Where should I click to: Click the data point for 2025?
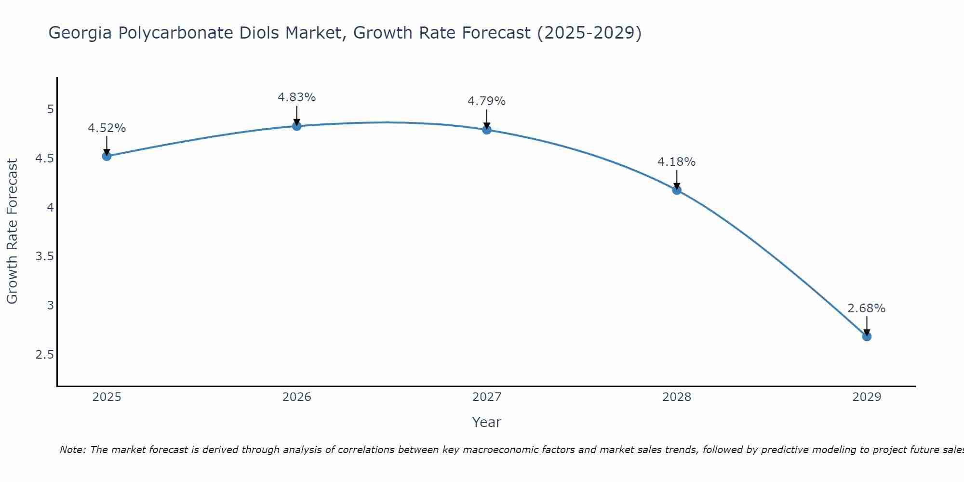[x=107, y=156]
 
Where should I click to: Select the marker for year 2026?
[x=297, y=126]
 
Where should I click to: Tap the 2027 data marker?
[x=487, y=130]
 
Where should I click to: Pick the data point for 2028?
[x=677, y=190]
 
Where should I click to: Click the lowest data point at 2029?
[x=867, y=336]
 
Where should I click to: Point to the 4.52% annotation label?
[x=107, y=128]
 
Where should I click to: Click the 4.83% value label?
[x=297, y=97]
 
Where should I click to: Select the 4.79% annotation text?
[x=487, y=101]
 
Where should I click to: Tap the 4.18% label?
[x=677, y=162]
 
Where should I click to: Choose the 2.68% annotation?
[x=867, y=308]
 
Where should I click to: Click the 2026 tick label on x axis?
[x=297, y=397]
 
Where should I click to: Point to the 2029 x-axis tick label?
[x=867, y=397]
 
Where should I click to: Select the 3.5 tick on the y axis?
[x=44, y=256]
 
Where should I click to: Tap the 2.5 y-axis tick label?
[x=44, y=355]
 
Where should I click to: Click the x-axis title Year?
[x=487, y=422]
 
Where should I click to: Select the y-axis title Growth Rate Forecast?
[x=13, y=231]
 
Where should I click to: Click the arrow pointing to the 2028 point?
[x=677, y=179]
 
